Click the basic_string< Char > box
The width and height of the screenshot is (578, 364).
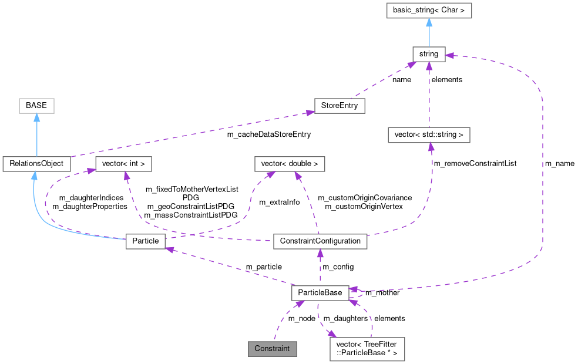tap(429, 11)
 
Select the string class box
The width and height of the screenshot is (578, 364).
tap(429, 54)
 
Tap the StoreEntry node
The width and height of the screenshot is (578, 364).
tap(340, 106)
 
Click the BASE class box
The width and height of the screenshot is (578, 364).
tap(36, 106)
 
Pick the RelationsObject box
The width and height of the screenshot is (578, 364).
tap(36, 163)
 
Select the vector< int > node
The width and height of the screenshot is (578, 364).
tap(123, 163)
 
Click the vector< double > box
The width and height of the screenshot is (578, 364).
tap(289, 163)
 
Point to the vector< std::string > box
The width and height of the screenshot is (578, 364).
tap(429, 135)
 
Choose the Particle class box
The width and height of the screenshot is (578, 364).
tap(146, 241)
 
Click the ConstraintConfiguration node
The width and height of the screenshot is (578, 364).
tap(320, 241)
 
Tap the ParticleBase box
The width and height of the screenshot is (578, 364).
tap(320, 292)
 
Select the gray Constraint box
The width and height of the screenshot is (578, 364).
tap(272, 348)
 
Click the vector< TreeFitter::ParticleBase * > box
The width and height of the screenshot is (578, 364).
tap(367, 348)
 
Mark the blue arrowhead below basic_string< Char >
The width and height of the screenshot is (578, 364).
tap(429, 23)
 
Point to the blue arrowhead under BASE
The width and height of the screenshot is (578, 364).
tap(36, 118)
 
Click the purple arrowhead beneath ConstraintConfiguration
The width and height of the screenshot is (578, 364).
tap(320, 254)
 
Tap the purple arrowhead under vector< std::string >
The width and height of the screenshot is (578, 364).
tap(431, 147)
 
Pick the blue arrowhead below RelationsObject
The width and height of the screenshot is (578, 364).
tap(35, 176)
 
